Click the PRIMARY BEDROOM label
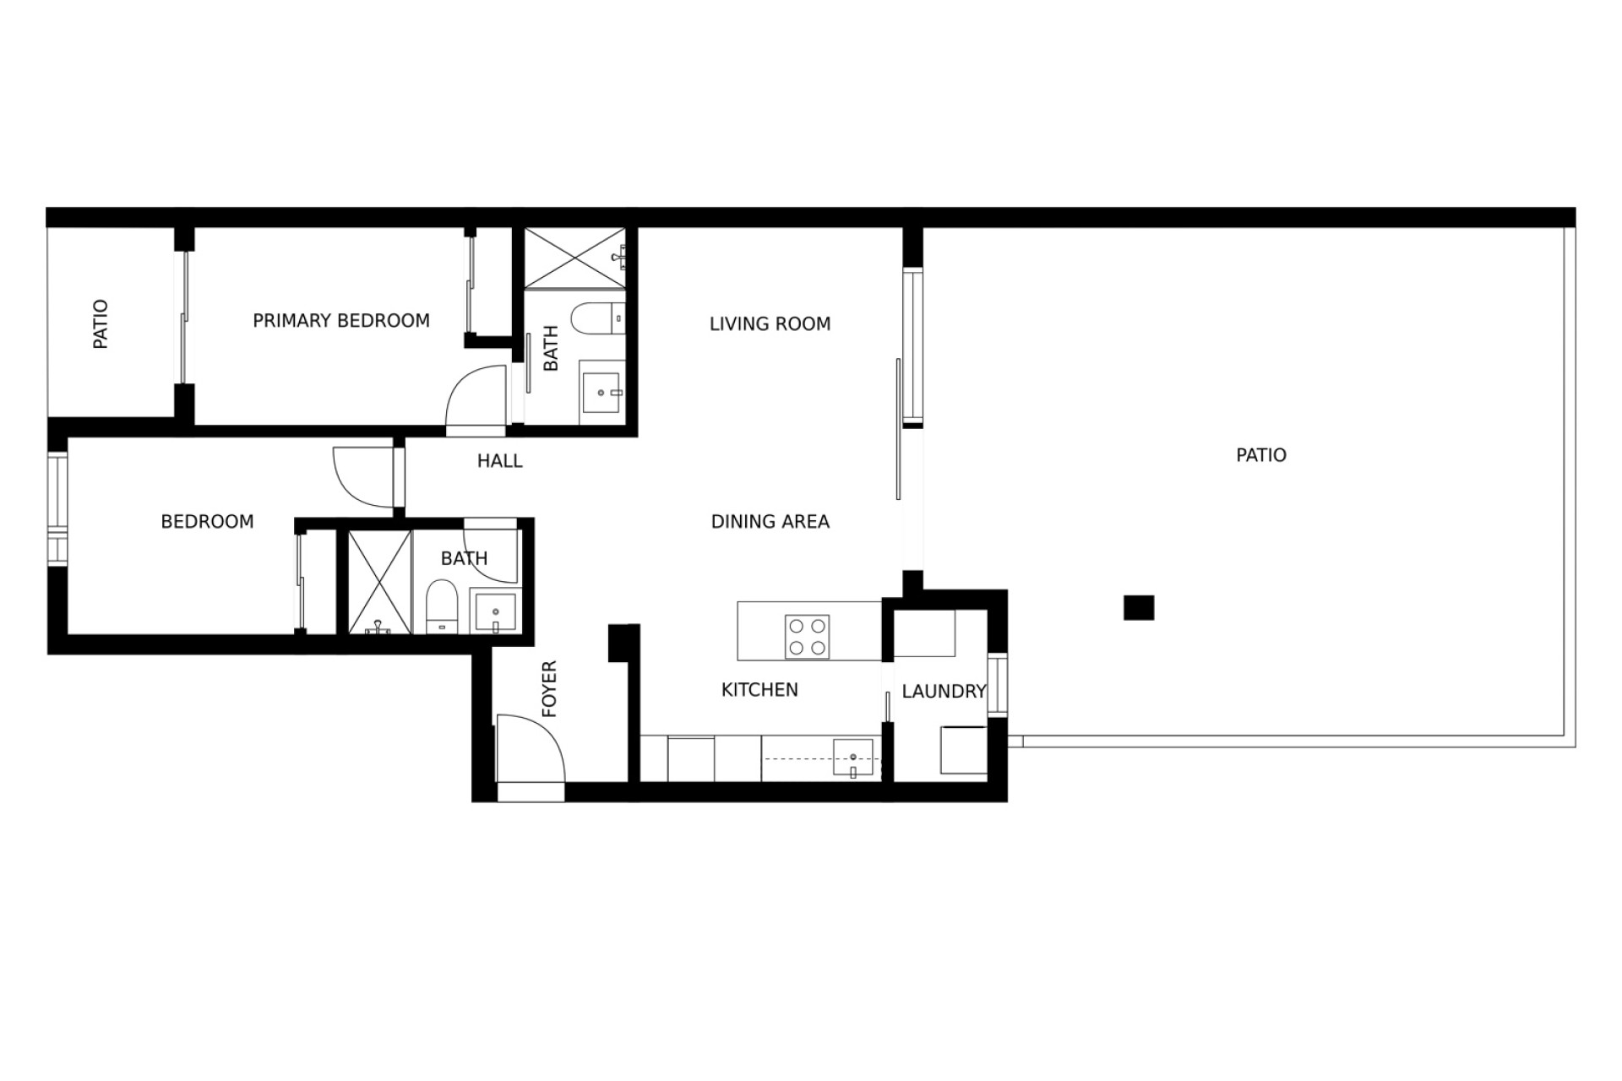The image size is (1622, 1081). (341, 321)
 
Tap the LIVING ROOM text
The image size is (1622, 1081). (770, 324)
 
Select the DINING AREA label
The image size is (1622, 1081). (770, 522)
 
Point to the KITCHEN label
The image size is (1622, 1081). (759, 690)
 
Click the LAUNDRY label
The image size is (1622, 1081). (944, 692)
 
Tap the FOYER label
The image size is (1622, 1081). (550, 690)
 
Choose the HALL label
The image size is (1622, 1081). (500, 461)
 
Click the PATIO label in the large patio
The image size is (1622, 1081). (1261, 455)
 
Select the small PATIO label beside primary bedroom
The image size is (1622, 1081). (101, 324)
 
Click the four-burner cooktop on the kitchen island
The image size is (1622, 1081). (808, 637)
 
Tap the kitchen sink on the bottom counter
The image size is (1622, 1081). (853, 758)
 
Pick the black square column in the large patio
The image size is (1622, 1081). (1139, 608)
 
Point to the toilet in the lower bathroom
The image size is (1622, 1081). (442, 606)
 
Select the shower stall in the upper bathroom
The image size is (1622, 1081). (575, 258)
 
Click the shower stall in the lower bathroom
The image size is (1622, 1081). (379, 582)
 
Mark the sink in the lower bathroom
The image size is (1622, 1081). (496, 612)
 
